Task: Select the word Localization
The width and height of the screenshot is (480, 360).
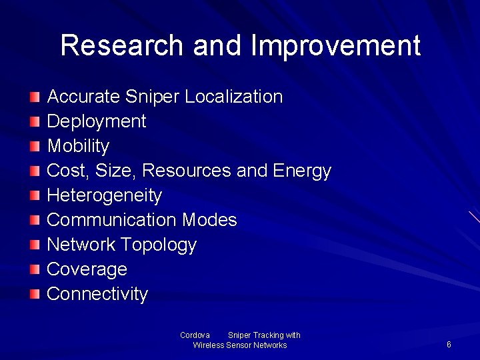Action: point(233,97)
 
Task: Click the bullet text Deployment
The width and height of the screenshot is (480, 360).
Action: point(96,121)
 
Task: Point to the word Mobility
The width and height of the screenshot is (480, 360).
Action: point(78,146)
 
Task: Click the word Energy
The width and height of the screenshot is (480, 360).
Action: point(301,171)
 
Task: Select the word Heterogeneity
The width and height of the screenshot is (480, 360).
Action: point(104,195)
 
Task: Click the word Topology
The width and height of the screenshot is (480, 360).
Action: point(159,245)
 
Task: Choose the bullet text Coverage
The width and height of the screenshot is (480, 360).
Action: point(87,269)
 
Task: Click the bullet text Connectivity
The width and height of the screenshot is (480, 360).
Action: point(97,294)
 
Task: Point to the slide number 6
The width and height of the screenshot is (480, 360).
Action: point(449,345)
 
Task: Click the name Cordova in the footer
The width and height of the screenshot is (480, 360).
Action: point(195,335)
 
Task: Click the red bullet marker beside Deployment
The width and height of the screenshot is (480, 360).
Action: point(35,122)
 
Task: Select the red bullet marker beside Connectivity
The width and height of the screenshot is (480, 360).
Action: point(35,294)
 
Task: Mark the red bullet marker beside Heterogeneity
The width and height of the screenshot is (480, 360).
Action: point(35,196)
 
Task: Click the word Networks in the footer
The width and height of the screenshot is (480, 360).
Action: point(271,345)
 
